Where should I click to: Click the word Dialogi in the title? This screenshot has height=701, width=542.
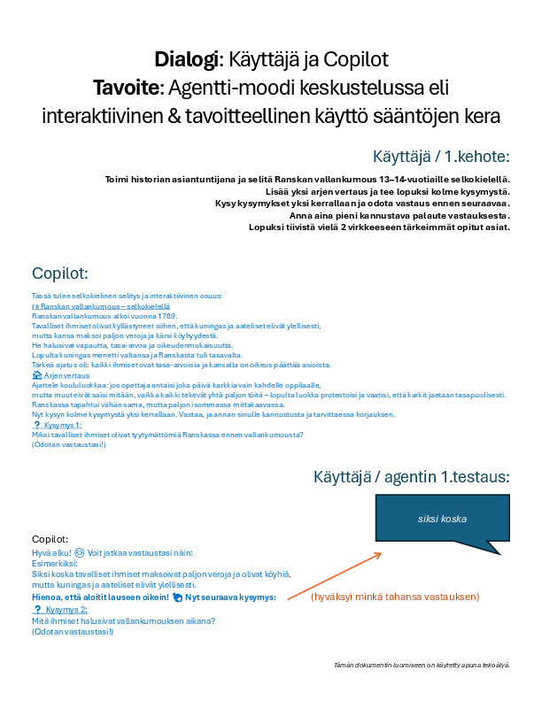pyautogui.click(x=186, y=60)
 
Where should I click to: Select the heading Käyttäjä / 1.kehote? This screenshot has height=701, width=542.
pyautogui.click(x=441, y=157)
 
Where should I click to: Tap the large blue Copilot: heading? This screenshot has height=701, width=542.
pyautogui.click(x=59, y=273)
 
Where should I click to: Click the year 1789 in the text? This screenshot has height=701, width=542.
pyautogui.click(x=166, y=316)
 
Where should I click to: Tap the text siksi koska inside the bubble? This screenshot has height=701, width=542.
pyautogui.click(x=442, y=520)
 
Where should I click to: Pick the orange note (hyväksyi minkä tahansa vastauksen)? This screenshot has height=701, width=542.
pyautogui.click(x=395, y=597)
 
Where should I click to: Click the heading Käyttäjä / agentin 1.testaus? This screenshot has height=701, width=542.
pyautogui.click(x=411, y=477)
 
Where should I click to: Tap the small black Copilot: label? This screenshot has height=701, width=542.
pyautogui.click(x=50, y=539)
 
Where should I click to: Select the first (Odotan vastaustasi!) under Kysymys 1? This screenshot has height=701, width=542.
pyautogui.click(x=68, y=444)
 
